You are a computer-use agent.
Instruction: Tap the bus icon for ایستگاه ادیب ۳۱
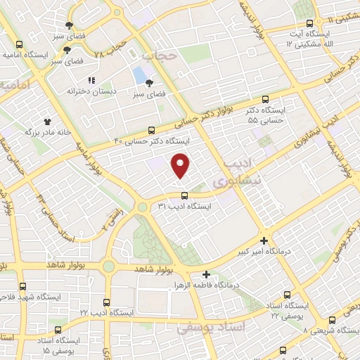point(184,195)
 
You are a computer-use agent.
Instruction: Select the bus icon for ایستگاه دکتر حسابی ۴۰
point(152,130)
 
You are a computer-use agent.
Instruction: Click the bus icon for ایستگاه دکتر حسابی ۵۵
point(265,100)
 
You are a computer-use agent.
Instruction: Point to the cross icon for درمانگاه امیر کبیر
point(264,240)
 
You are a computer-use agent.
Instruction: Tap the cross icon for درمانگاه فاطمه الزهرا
point(205,274)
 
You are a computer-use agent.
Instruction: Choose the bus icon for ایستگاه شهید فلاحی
point(23,286)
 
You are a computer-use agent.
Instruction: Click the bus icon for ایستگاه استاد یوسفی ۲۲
point(287,295)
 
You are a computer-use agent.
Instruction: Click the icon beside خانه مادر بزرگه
point(48,121)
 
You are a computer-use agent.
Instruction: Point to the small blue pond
point(140,74)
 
